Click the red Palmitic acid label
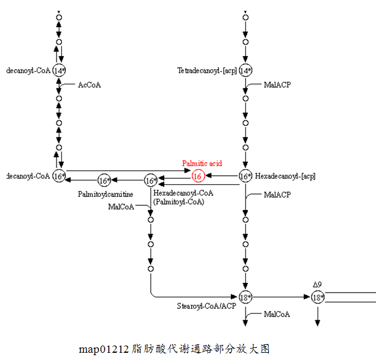pyautogui.click(x=202, y=164)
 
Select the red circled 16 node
pyautogui.click(x=198, y=176)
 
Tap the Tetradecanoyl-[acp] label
pyautogui.click(x=206, y=71)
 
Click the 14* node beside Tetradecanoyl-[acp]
pyautogui.click(x=245, y=71)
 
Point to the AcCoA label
pyautogui.click(x=89, y=85)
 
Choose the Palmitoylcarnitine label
pyautogui.click(x=105, y=194)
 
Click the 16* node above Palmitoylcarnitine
pyautogui.click(x=104, y=180)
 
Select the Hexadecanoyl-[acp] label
pyautogui.click(x=285, y=176)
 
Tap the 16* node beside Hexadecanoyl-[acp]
pyautogui.click(x=245, y=176)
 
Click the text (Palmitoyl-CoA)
pyautogui.click(x=179, y=202)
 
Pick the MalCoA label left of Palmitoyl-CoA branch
pyautogui.click(x=121, y=207)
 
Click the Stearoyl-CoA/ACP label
pyautogui.click(x=206, y=306)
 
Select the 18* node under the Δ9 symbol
pyautogui.click(x=318, y=297)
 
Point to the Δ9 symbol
pyautogui.click(x=317, y=284)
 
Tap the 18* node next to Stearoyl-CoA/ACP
pyautogui.click(x=245, y=297)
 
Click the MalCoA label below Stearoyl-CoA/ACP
pyautogui.click(x=277, y=314)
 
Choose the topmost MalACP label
pyautogui.click(x=277, y=85)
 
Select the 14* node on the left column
pyautogui.click(x=58, y=71)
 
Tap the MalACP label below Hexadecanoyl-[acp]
pyautogui.click(x=277, y=194)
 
